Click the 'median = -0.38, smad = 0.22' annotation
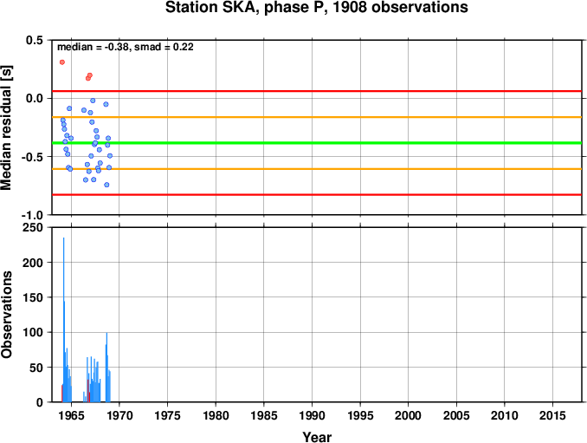(126, 47)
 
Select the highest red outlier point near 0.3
(62, 62)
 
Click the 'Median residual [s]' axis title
(6, 127)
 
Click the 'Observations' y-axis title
(6, 315)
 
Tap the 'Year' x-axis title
(317, 437)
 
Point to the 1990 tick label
(312, 415)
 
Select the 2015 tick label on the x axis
(552, 415)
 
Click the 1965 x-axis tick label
(71, 415)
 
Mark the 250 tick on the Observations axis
(33, 227)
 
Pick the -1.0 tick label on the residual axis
(32, 216)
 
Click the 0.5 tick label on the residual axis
(35, 40)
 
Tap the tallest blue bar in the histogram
(64, 320)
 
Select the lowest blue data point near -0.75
(106, 185)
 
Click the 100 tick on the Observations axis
(33, 332)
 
